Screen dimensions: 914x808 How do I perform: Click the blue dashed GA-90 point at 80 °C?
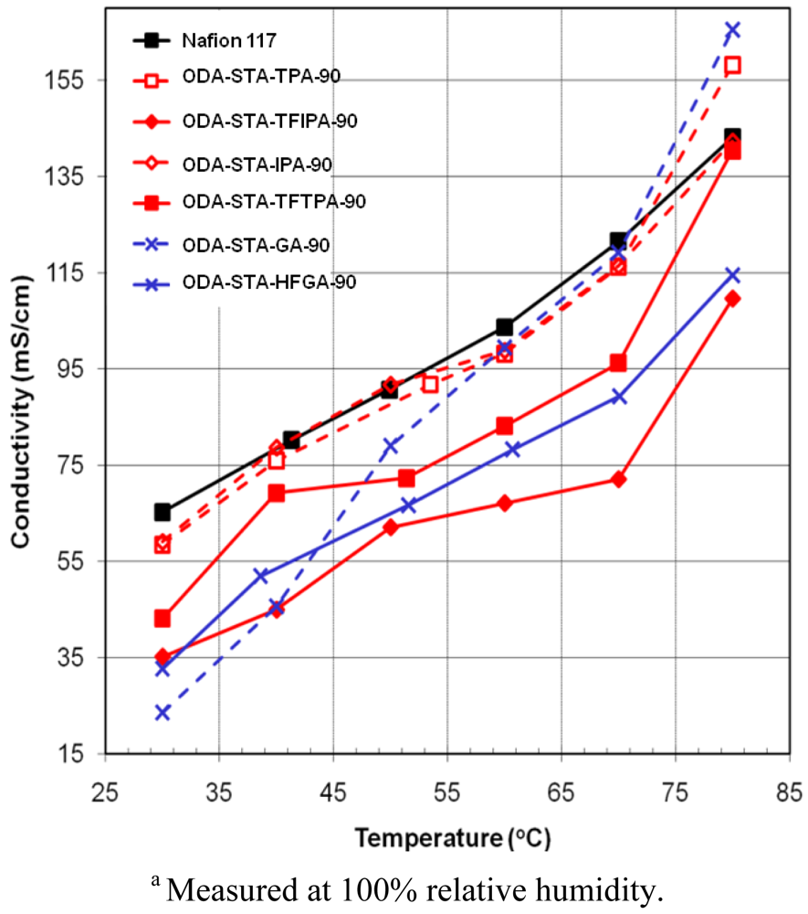(x=731, y=30)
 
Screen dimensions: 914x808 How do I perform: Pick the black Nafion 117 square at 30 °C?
(x=163, y=512)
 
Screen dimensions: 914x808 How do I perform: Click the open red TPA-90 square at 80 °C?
(x=731, y=66)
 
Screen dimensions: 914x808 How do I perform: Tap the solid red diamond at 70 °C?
(x=618, y=479)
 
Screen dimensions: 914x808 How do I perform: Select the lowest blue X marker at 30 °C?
(x=163, y=712)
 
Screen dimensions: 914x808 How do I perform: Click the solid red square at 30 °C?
(x=163, y=619)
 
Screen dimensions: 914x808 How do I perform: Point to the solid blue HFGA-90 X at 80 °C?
(x=731, y=274)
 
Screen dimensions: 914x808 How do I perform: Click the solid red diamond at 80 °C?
(x=731, y=299)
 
